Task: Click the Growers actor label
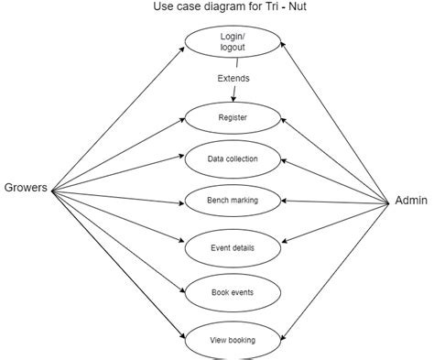[25, 190]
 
